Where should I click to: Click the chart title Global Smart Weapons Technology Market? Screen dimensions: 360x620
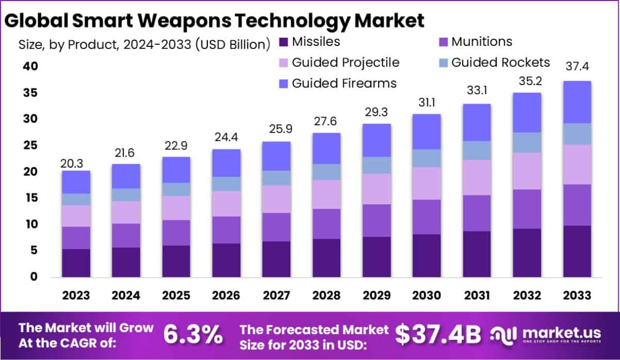pos(214,21)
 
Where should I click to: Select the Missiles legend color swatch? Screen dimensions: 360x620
pos(283,42)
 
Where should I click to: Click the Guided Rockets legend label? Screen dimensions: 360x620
pos(500,62)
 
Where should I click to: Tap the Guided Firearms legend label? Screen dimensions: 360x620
pos(344,83)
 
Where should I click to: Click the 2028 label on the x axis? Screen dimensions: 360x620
pos(327,296)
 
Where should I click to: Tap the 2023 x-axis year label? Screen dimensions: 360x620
pos(76,296)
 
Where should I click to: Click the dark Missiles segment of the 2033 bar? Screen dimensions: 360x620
pos(577,251)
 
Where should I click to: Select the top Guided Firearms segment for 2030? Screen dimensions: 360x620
pos(427,132)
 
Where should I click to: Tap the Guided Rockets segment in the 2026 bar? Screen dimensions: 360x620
pos(226,184)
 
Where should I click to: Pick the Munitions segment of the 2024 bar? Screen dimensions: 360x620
pos(126,235)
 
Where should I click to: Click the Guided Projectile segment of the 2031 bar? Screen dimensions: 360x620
pos(477,177)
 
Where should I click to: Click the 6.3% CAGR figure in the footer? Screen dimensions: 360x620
pos(193,335)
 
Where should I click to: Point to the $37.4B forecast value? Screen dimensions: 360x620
pos(438,335)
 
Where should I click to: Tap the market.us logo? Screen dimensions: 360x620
pos(547,335)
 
